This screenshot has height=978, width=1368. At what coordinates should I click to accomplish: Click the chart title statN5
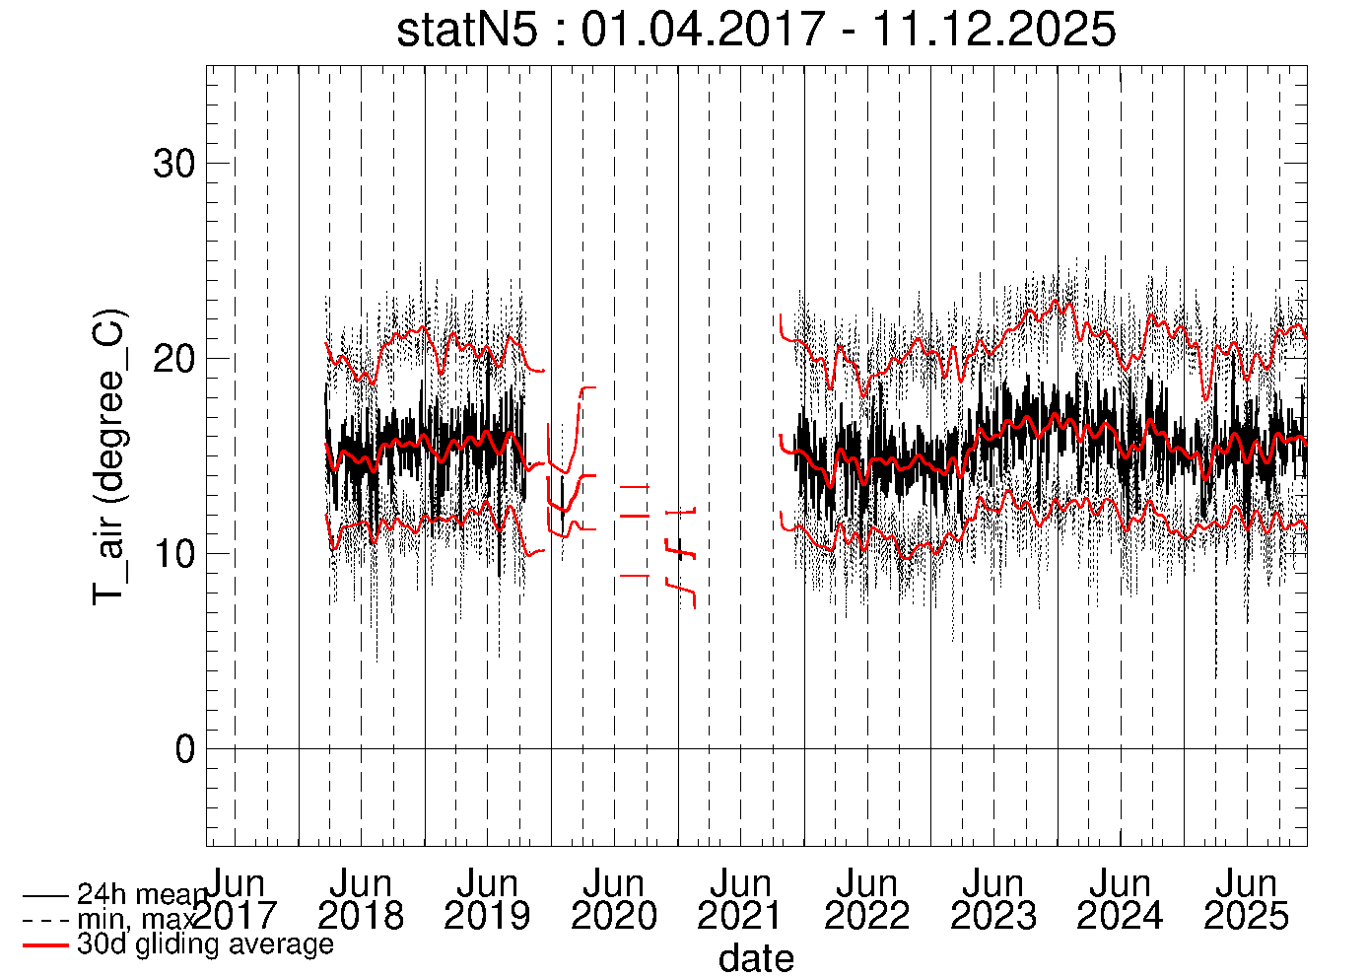467,30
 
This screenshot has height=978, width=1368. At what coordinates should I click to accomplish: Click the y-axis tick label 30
175,164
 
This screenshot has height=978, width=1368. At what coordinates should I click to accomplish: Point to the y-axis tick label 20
175,359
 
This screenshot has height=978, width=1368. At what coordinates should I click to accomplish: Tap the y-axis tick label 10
175,554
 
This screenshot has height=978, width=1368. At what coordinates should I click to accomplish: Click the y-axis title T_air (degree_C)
109,455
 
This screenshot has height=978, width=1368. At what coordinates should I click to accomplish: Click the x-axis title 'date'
756,958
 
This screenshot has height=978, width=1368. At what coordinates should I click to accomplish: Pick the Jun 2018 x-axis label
361,900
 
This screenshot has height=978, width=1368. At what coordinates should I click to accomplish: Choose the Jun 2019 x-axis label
487,900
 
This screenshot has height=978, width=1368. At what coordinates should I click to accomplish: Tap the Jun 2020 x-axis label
614,900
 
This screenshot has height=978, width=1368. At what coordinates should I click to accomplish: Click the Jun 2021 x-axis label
740,900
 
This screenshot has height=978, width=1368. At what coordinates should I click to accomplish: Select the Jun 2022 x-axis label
866,900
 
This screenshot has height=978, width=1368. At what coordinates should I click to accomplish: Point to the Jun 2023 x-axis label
993,900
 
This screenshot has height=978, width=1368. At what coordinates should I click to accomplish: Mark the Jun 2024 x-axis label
1120,900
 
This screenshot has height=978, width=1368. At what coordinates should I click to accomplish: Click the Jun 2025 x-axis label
1246,900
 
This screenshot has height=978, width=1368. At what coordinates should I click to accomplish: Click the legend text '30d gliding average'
205,944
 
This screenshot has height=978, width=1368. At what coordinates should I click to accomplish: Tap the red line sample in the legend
45,945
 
